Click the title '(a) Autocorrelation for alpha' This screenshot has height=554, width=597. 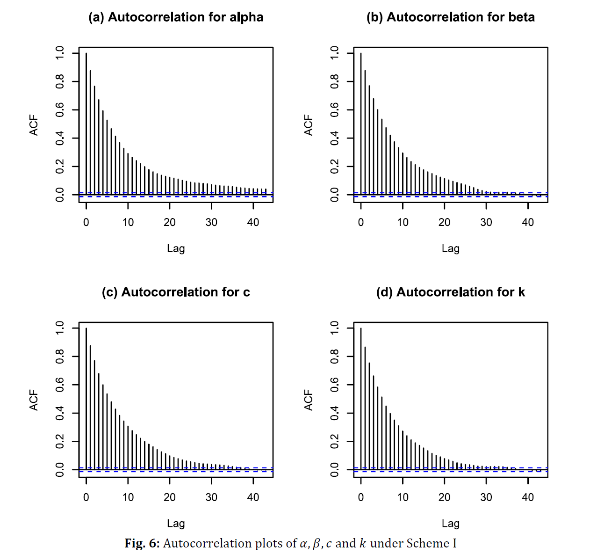tap(176, 17)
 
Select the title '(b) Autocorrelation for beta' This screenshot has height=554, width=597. tap(450, 17)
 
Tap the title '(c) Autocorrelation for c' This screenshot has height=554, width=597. tap(176, 292)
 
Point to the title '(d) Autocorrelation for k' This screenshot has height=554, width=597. tap(450, 292)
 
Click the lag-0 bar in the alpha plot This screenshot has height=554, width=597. tap(86, 124)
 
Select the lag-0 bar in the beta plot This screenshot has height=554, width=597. tap(361, 124)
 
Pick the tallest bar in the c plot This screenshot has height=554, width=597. tap(86, 399)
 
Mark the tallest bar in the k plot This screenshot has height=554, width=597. tap(361, 399)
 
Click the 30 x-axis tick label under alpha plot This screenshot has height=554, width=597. tap(211, 223)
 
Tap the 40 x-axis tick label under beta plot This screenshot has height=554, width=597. tap(528, 223)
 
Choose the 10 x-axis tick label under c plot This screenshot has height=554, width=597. tap(128, 497)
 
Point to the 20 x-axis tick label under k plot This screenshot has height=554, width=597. tap(444, 497)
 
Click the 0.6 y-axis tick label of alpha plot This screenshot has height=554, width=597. tap(60, 110)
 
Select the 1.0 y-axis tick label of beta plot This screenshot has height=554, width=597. tap(334, 53)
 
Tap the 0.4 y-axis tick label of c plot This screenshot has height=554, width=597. tap(60, 413)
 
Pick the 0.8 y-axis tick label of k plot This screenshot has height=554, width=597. tap(334, 357)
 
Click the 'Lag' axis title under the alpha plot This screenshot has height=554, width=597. tap(176, 248)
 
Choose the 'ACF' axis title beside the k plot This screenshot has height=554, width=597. tap(309, 400)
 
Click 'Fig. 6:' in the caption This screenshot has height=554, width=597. tap(142, 543)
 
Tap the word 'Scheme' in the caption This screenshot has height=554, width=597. tap(425, 543)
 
